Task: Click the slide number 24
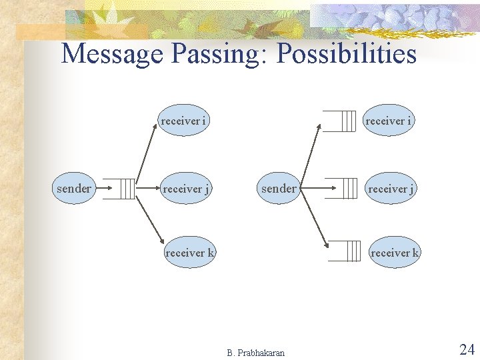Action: click(466, 349)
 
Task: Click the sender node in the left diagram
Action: click(74, 189)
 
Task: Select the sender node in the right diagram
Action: click(279, 189)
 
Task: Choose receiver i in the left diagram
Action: click(183, 121)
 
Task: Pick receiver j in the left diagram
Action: click(186, 189)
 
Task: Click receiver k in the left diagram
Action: click(190, 253)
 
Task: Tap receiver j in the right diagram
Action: click(391, 189)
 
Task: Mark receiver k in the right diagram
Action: click(395, 253)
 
